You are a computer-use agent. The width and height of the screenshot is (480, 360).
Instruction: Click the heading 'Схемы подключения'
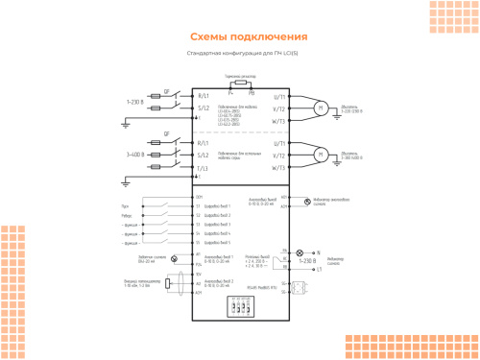(x=239, y=36)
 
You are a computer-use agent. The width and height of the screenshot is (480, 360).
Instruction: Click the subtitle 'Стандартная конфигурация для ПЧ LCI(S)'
(x=239, y=54)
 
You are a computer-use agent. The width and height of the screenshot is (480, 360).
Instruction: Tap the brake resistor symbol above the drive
(x=239, y=84)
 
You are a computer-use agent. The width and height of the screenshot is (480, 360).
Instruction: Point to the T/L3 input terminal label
(x=203, y=168)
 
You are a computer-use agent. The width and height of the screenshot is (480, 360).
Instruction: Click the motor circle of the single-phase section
(x=323, y=108)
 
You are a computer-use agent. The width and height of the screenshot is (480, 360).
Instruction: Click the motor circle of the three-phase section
(x=323, y=154)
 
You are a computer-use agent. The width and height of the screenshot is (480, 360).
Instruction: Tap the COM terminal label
(x=199, y=197)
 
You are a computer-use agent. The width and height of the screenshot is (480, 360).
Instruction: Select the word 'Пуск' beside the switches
(x=126, y=206)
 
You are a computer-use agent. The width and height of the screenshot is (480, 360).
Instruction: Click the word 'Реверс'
(x=127, y=216)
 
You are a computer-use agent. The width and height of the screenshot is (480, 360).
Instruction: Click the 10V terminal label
(x=199, y=274)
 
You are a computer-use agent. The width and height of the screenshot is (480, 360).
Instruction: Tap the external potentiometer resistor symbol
(x=169, y=281)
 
